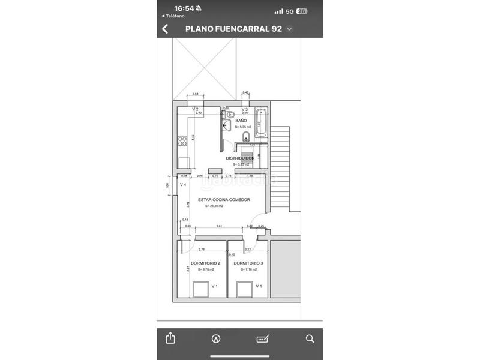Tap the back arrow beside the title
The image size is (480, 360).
pyautogui.click(x=165, y=29)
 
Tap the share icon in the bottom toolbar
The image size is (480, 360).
pyautogui.click(x=170, y=338)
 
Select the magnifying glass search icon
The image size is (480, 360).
pyautogui.click(x=310, y=338)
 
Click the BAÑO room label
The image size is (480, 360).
pyautogui.click(x=241, y=121)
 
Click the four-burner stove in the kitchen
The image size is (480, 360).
pyautogui.click(x=182, y=142)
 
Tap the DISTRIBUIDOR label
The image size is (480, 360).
pyautogui.click(x=239, y=158)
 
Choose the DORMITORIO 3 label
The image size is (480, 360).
pyautogui.click(x=248, y=263)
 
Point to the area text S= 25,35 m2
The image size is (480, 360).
pyautogui.click(x=214, y=206)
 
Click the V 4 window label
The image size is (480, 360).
pyautogui.click(x=183, y=185)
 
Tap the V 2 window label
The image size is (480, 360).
pyautogui.click(x=195, y=109)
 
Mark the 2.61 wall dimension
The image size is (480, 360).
pyautogui.click(x=220, y=226)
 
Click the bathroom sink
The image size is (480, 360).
pyautogui.click(x=226, y=125)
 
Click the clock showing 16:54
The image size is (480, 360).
pyautogui.click(x=184, y=8)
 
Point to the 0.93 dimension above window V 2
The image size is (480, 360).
pyautogui.click(x=194, y=94)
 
